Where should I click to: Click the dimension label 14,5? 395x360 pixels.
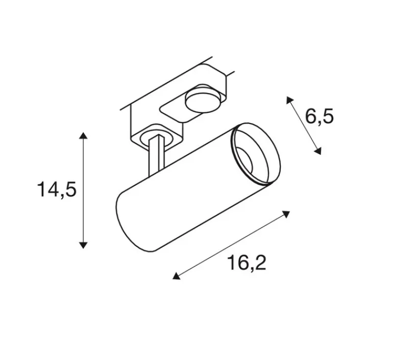(56, 189)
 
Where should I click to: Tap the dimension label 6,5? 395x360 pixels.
(319, 117)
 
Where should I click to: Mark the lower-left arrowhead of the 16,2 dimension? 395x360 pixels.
(176, 276)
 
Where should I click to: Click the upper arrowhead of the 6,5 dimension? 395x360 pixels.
(289, 100)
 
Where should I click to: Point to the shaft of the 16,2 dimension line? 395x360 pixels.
(232, 245)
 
